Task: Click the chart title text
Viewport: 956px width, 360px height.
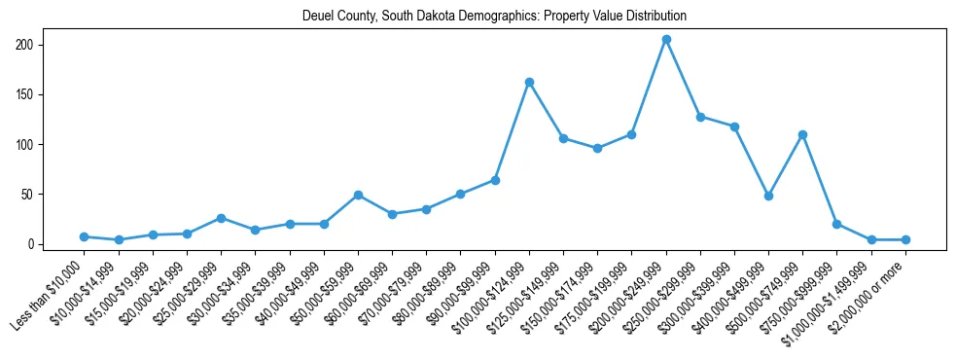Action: click(494, 16)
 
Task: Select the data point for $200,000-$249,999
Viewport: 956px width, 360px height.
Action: click(666, 39)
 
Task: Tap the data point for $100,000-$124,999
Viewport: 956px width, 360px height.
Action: click(529, 82)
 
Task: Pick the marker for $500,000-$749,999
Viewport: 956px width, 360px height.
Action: click(802, 134)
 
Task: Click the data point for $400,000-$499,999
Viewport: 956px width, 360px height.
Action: click(768, 196)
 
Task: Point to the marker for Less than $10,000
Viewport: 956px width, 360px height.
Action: click(85, 236)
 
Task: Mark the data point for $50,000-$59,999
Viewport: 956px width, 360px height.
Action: click(358, 195)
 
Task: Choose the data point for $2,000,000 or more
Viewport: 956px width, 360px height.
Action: click(905, 239)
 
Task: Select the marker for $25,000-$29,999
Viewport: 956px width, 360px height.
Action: click(222, 218)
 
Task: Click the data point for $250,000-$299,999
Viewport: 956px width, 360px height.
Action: click(700, 117)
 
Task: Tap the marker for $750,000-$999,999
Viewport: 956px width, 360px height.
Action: click(836, 224)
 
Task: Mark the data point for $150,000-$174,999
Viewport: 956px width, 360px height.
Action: click(597, 148)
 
